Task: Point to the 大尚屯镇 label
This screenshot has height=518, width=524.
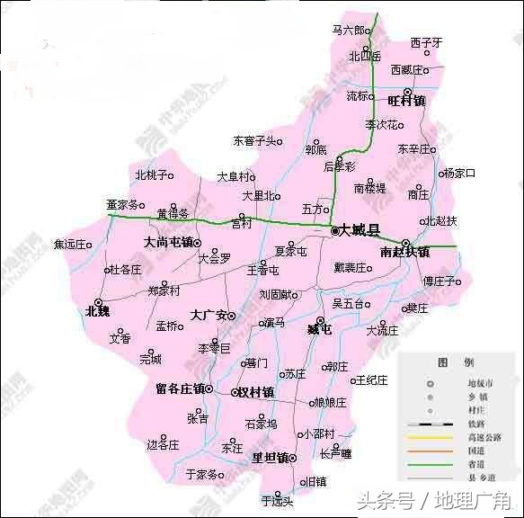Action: click(168, 243)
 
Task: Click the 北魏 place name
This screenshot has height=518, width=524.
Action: click(96, 311)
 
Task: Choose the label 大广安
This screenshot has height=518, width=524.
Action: click(208, 316)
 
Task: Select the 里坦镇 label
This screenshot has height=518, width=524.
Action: click(269, 458)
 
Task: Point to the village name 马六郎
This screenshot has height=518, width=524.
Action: click(349, 30)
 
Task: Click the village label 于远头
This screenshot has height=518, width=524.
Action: click(277, 500)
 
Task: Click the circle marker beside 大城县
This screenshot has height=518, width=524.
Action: click(335, 231)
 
